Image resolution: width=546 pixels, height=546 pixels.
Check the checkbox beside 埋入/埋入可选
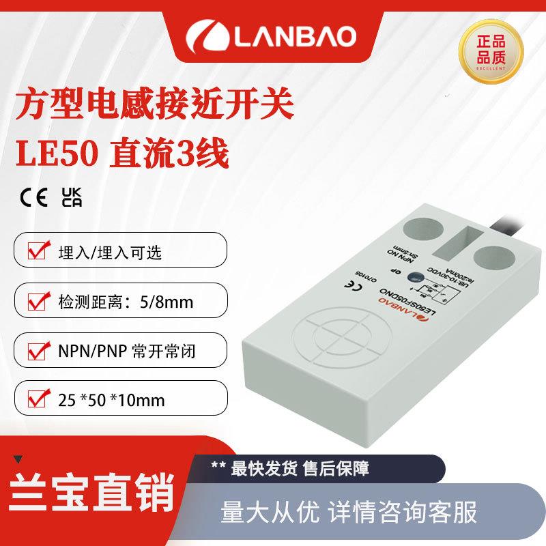coord(36,252)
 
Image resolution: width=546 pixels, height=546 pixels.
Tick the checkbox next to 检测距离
coord(36,301)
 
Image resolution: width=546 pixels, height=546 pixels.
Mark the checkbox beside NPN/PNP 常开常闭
coord(36,351)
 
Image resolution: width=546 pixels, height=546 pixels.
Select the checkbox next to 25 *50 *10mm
coord(36,400)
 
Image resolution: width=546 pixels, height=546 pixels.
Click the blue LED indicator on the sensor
coord(414,276)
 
